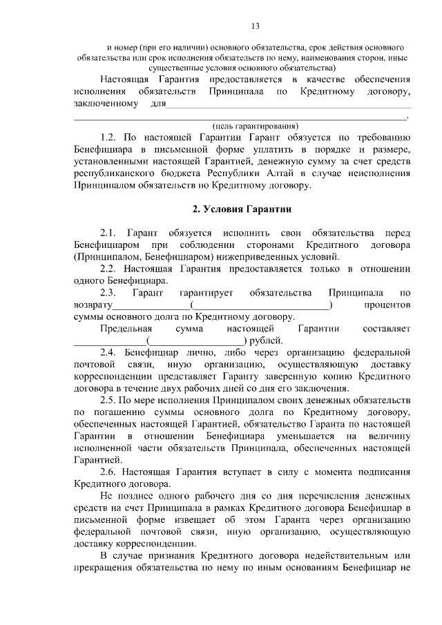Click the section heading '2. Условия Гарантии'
pyautogui.click(x=241, y=209)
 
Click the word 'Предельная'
pyautogui.click(x=124, y=329)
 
